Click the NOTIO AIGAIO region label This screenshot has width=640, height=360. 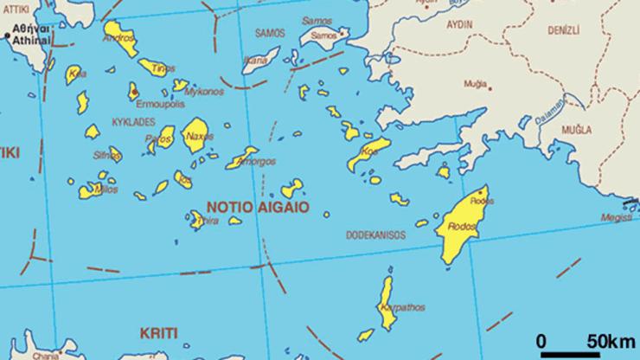[x=258, y=208]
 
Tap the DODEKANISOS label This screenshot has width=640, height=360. [x=375, y=235]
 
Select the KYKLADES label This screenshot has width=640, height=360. [x=133, y=123]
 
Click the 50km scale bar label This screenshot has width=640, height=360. [x=610, y=338]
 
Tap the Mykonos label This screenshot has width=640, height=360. [x=204, y=91]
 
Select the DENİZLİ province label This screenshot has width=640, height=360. [x=562, y=30]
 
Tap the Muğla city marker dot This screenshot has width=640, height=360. [x=490, y=87]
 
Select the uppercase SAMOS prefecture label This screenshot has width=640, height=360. [x=271, y=32]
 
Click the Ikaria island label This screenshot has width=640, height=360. [x=256, y=61]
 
